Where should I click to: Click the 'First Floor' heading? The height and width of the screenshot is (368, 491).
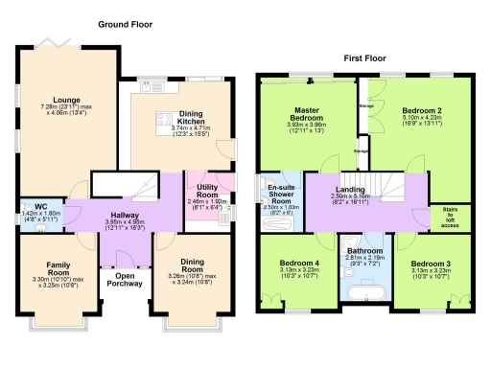click(365, 57)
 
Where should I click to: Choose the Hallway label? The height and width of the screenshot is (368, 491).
click(126, 215)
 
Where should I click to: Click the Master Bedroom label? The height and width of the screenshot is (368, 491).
click(305, 113)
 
